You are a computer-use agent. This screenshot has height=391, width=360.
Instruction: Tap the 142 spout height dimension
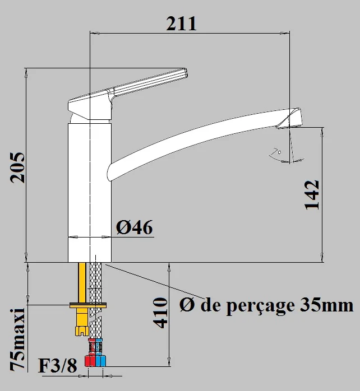point(312,194)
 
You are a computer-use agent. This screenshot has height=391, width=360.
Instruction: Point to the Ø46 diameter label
point(134,227)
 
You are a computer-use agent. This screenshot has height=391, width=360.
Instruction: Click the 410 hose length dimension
point(161,313)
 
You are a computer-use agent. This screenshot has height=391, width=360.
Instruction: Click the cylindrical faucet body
point(90,190)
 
